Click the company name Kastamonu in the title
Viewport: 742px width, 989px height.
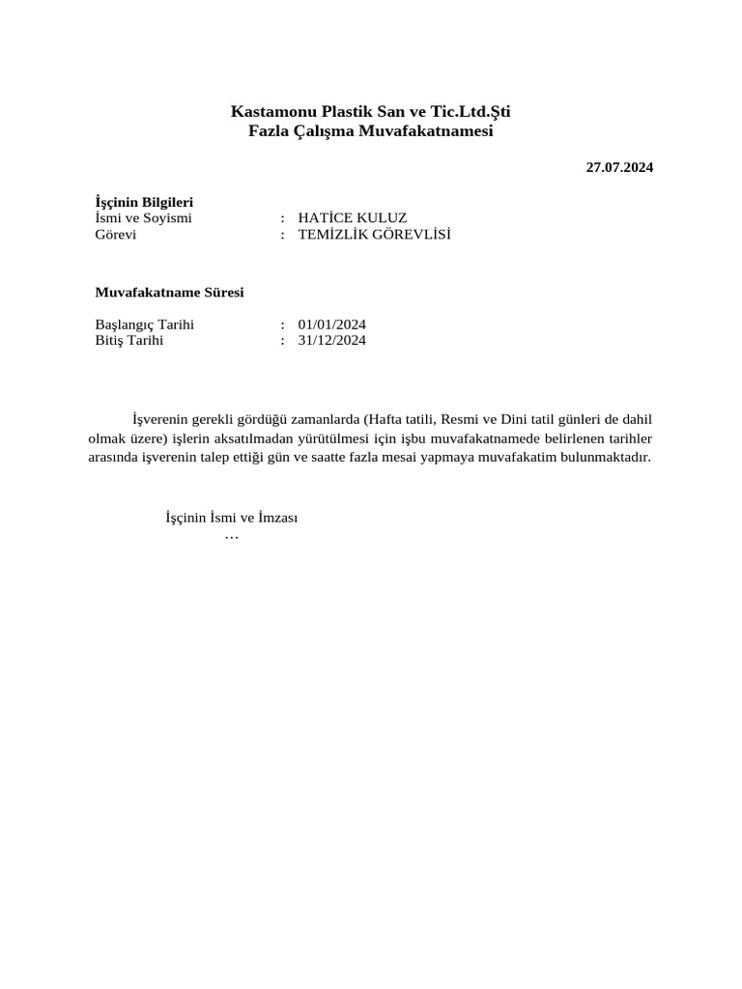(x=269, y=112)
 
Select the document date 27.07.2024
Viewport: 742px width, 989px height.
(x=619, y=167)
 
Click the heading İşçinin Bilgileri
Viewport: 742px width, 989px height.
(x=144, y=202)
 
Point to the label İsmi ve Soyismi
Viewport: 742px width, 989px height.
(x=143, y=218)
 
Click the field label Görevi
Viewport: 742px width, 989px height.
(x=115, y=235)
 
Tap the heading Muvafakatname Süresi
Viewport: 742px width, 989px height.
(x=169, y=292)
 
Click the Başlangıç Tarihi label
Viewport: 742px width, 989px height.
(x=145, y=325)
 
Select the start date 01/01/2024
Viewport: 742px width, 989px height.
(x=332, y=325)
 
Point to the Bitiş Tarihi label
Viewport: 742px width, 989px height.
(x=129, y=340)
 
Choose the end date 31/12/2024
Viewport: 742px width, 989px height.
(x=332, y=340)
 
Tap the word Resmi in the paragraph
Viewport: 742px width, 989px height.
(x=460, y=419)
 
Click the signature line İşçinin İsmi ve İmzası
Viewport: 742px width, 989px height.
(x=232, y=518)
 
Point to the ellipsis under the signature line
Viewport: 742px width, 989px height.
(x=231, y=535)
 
